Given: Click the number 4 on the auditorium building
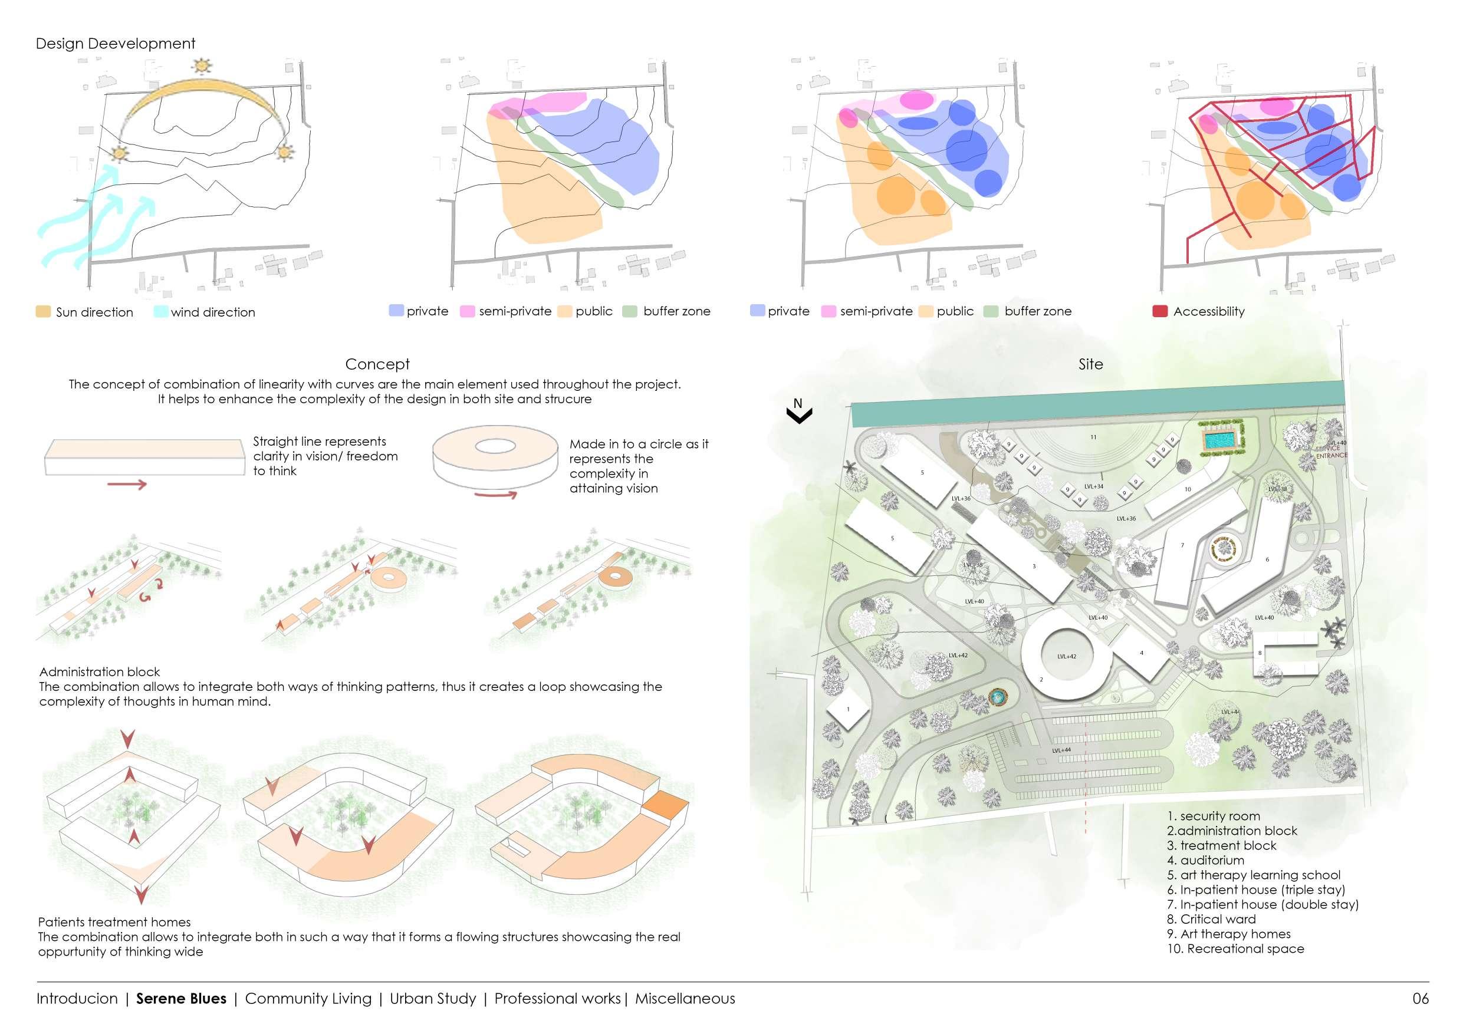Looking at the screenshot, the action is [x=1141, y=653].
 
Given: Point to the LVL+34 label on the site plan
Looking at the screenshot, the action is [x=1093, y=487].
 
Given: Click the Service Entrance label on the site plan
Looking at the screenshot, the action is [x=1332, y=451].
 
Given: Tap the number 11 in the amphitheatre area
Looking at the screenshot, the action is [x=1093, y=437].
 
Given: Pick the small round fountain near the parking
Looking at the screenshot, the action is [x=996, y=698].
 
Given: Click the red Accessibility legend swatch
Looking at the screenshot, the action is [x=1160, y=311].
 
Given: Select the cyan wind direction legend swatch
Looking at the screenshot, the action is [x=160, y=311].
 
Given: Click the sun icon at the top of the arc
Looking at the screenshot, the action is [x=203, y=65].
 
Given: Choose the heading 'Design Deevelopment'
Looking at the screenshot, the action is [x=116, y=43].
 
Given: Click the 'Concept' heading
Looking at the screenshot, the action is [x=377, y=364].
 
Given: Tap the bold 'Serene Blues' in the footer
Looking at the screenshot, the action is [x=181, y=998].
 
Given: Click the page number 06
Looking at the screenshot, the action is [x=1421, y=998].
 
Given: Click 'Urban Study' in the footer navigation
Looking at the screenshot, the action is [x=433, y=998].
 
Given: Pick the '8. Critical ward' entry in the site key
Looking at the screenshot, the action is [x=1211, y=919].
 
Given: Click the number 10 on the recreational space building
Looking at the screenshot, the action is [x=1188, y=489].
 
